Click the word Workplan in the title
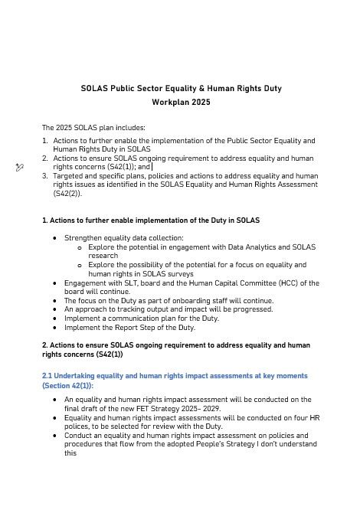pyautogui.click(x=163, y=101)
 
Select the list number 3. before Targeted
pyautogui.click(x=45, y=175)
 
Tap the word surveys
pyautogui.click(x=178, y=273)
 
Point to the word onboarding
pyautogui.click(x=178, y=300)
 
